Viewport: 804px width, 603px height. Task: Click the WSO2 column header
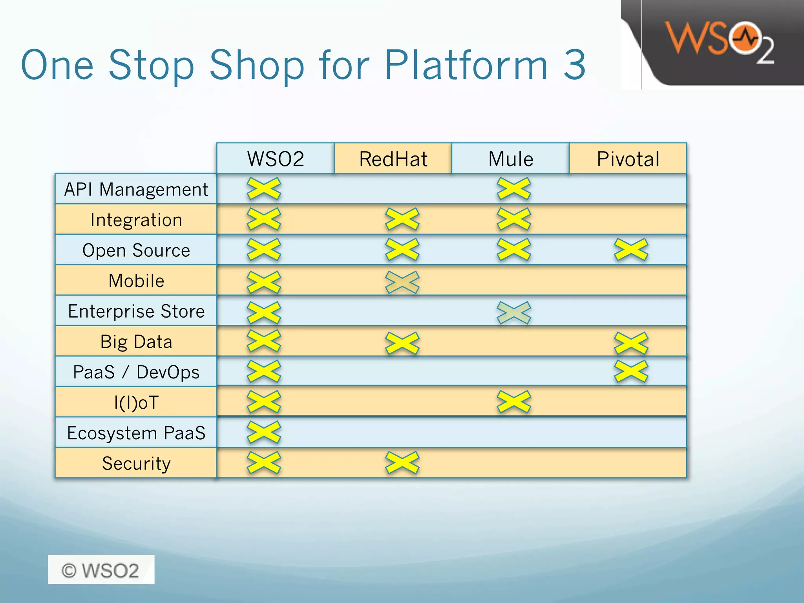[275, 159]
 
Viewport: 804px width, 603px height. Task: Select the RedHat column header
[393, 159]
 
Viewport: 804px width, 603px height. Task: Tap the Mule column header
[510, 159]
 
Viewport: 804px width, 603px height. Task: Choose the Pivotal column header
[628, 159]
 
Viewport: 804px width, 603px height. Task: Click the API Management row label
[136, 189]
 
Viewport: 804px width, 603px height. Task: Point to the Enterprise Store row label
[136, 311]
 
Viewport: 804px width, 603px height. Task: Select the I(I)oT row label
[136, 402]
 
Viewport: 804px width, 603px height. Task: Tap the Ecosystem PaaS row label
[136, 433]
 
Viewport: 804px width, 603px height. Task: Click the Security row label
[136, 464]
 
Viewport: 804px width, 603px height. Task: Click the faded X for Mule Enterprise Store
[513, 312]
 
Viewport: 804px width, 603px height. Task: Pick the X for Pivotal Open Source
[631, 249]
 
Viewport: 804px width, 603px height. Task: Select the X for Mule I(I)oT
[513, 402]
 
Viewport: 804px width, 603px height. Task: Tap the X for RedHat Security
[402, 462]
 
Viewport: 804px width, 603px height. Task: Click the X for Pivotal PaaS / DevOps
[631, 371]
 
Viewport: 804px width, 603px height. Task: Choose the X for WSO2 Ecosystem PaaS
[264, 432]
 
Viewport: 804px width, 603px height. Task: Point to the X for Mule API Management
[513, 188]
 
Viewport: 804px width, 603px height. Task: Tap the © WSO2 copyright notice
[101, 570]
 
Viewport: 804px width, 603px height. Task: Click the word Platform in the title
[466, 65]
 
